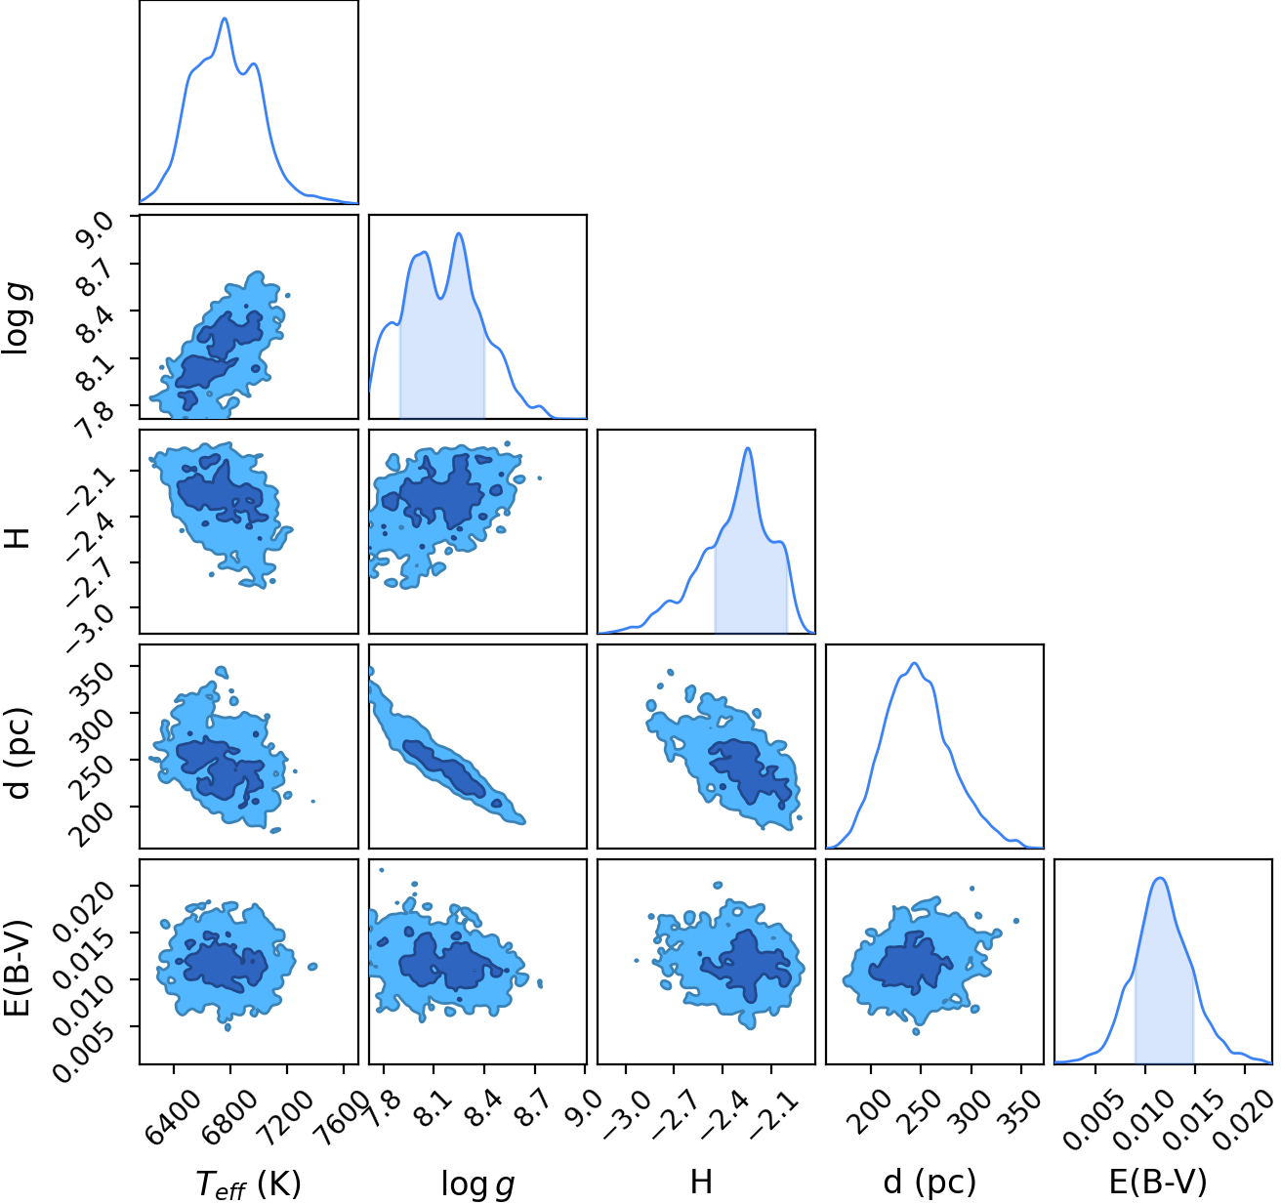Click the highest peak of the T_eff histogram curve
coord(225,19)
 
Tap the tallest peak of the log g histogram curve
coord(459,233)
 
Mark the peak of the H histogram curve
coord(748,448)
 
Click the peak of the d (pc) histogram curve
coord(914,663)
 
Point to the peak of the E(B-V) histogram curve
coord(1160,878)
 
